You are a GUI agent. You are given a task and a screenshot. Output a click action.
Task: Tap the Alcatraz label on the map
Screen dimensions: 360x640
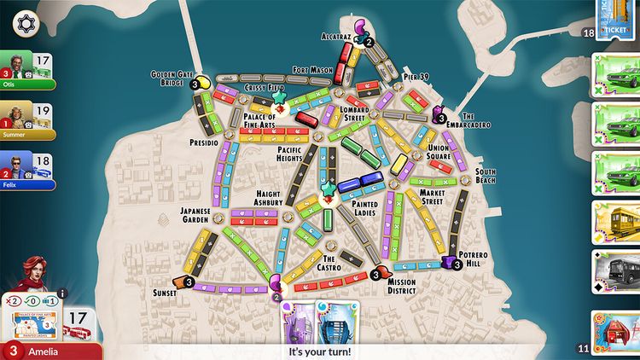(x=336, y=38)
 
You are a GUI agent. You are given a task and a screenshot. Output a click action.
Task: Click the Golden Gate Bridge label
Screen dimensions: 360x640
(x=170, y=78)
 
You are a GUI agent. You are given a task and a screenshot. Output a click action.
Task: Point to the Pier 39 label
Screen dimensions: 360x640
(x=415, y=77)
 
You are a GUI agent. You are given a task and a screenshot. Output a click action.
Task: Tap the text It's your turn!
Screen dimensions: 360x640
(x=320, y=351)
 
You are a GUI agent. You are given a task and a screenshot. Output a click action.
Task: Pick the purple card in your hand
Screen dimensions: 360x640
(x=298, y=323)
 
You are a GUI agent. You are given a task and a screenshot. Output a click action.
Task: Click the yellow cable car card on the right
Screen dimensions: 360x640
(x=615, y=224)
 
